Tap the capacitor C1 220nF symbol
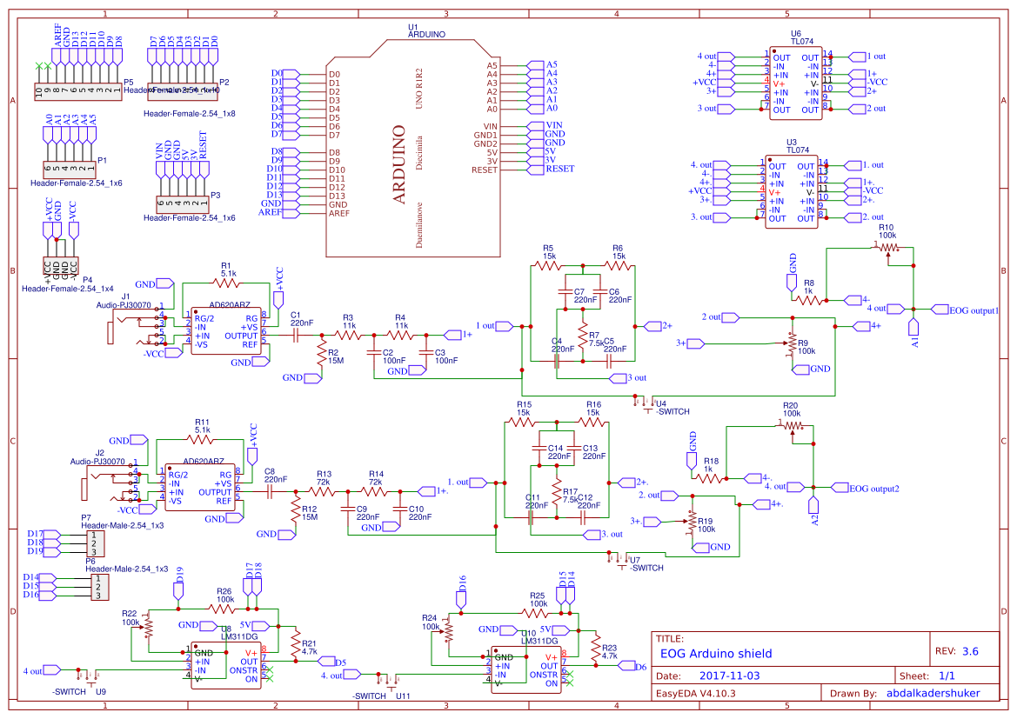click(x=296, y=335)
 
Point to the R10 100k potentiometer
click(x=887, y=247)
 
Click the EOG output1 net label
click(x=973, y=309)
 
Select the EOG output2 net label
click(x=873, y=488)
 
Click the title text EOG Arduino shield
click(x=716, y=654)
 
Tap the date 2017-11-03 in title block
click(x=729, y=675)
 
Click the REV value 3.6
click(x=970, y=650)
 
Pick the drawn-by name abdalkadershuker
click(x=932, y=693)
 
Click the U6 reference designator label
click(x=795, y=33)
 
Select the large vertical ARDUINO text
click(x=399, y=164)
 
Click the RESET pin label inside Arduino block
click(x=485, y=170)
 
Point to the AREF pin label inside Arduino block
click(x=339, y=213)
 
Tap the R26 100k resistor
click(x=224, y=609)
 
